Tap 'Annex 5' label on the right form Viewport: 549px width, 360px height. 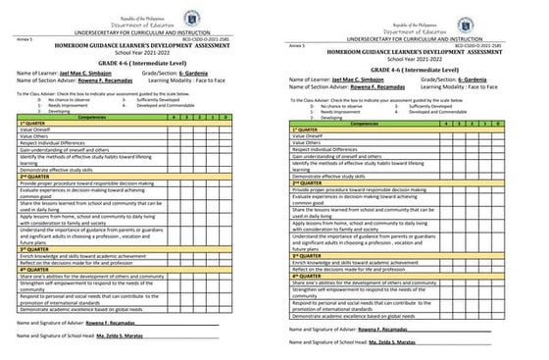pyautogui.click(x=299, y=44)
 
